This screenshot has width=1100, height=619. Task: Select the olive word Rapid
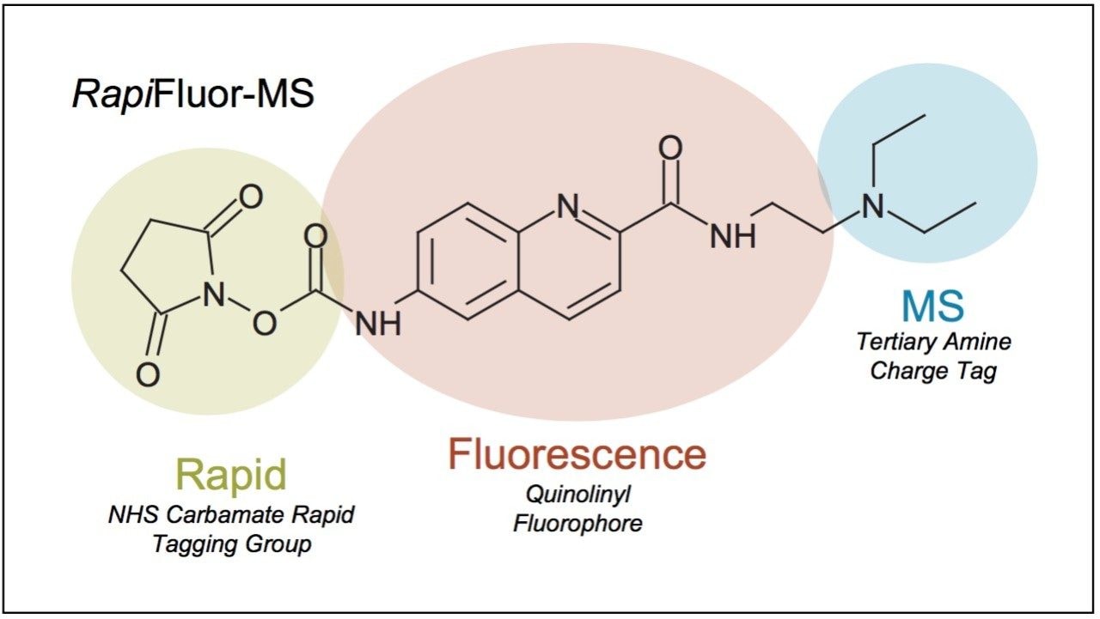tap(230, 474)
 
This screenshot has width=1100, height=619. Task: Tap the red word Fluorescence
tap(576, 454)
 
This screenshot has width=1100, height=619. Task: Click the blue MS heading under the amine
tap(932, 306)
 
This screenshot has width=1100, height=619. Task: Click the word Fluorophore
tap(577, 523)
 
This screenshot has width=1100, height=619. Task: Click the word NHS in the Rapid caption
tap(130, 515)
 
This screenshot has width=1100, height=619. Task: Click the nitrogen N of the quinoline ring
tap(566, 206)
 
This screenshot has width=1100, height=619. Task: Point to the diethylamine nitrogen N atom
tap(873, 206)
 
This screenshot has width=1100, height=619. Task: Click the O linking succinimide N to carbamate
tap(265, 324)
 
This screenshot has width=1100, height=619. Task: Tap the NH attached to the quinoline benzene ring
tap(378, 324)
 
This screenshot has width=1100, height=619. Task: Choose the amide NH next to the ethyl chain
tap(732, 234)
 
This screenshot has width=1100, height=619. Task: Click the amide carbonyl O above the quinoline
tap(669, 148)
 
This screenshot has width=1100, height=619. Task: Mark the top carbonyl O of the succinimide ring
tap(249, 198)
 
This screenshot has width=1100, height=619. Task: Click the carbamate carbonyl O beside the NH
tap(315, 235)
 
